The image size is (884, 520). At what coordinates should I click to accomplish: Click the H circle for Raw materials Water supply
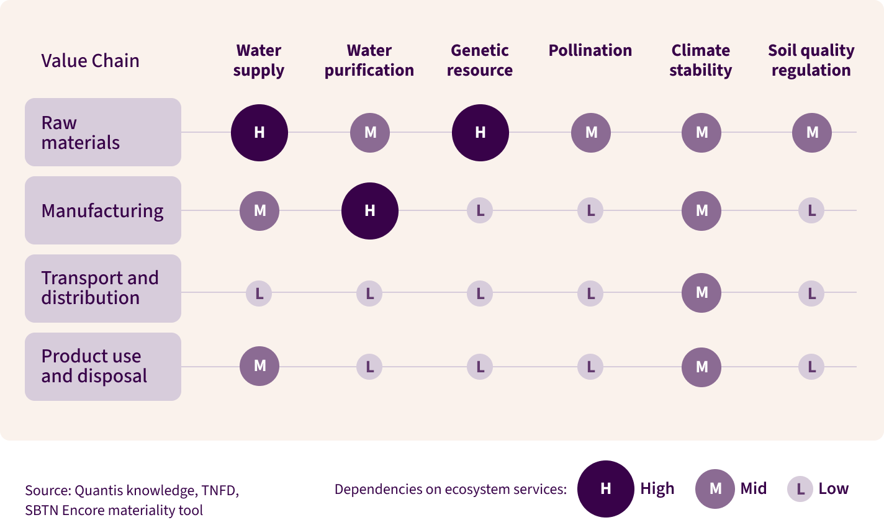pos(259,133)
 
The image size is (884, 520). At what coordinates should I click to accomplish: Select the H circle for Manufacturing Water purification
pos(370,211)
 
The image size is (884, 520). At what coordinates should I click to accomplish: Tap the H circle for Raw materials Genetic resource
pos(480,133)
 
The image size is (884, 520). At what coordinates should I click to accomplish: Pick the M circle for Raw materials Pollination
pos(591,132)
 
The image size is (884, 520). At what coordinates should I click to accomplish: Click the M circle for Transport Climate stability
pos(701,293)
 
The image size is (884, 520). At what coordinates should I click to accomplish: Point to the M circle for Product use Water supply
pos(259,366)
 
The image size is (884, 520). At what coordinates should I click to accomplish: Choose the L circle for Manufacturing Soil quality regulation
pos(811,211)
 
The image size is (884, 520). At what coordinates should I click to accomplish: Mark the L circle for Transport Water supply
pos(259,293)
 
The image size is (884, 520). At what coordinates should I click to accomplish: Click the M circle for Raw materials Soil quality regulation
pos(812,132)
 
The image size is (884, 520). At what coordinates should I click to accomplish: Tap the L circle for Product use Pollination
pos(590,367)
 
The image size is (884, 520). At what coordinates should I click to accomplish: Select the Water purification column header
pos(369,60)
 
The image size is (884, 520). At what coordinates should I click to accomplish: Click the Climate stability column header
pos(701,60)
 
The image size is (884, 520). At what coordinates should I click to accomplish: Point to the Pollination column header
pos(590,50)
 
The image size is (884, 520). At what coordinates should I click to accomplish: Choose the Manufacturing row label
pos(102,211)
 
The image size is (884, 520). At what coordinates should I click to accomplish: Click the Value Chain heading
pos(90,61)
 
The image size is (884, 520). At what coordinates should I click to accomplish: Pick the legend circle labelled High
pos(605,489)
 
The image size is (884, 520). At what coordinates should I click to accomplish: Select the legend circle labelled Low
pos(800,489)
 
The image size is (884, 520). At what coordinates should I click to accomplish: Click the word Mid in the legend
pos(754,488)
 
